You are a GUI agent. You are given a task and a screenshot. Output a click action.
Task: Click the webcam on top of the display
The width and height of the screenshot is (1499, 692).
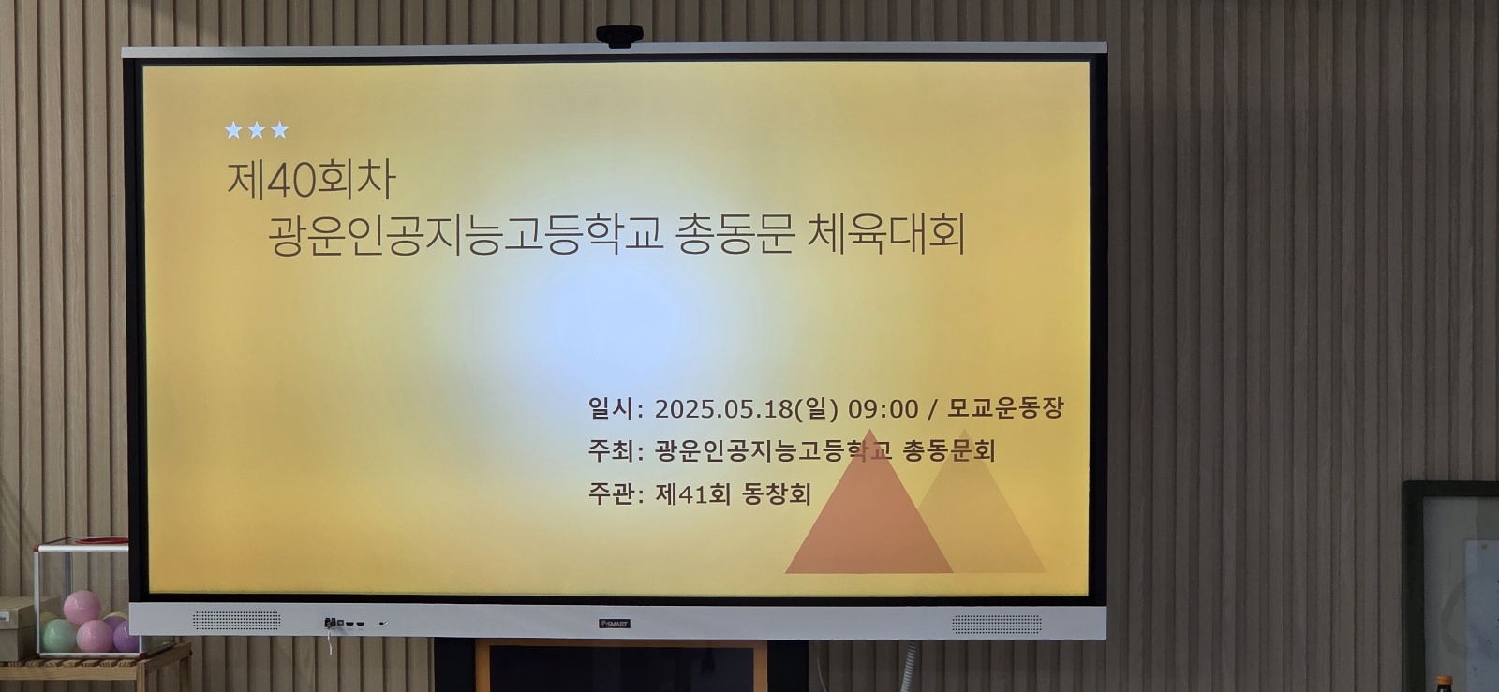[619, 37]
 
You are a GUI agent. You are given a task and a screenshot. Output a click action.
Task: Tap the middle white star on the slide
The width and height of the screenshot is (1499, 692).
[257, 130]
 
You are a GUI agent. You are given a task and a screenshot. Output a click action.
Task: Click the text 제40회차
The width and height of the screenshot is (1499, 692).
[311, 181]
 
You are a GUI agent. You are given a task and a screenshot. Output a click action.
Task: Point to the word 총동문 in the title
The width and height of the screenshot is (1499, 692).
[735, 235]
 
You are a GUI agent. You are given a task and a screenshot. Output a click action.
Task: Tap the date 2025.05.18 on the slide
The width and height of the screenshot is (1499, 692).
[723, 408]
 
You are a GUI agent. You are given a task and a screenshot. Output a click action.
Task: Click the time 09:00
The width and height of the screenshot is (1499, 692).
[883, 408]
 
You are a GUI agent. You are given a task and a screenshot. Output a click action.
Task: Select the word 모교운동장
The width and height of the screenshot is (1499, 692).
[1004, 408]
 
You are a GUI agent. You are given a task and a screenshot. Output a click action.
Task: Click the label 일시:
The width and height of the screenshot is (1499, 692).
[616, 408]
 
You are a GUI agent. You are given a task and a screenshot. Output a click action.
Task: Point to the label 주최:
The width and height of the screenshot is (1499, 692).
[616, 450]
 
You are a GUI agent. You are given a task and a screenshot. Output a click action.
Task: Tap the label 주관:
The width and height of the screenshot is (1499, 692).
[616, 494]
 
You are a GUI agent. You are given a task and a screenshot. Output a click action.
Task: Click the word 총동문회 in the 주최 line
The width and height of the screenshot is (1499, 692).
[949, 450]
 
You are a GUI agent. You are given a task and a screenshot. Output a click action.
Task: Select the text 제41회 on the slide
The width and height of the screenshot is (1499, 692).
[692, 494]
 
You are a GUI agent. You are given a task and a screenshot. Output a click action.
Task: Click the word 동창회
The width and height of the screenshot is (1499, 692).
[777, 494]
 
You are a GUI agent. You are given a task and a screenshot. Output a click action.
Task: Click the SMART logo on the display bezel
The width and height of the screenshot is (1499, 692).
[615, 624]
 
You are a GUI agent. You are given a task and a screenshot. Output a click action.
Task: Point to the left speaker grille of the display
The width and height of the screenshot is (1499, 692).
[236, 621]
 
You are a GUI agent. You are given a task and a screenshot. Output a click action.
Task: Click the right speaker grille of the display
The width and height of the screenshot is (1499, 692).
[997, 625]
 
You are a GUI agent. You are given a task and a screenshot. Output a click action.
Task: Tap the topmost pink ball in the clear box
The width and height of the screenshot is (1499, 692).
[82, 607]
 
